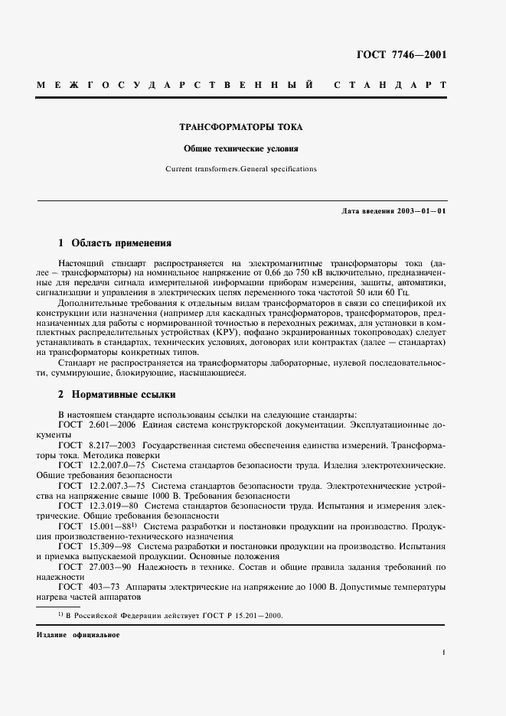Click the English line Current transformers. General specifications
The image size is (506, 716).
click(240, 168)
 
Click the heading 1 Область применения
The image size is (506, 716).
click(115, 244)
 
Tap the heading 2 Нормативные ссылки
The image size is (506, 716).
click(117, 395)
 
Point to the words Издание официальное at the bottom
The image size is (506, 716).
click(77, 635)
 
